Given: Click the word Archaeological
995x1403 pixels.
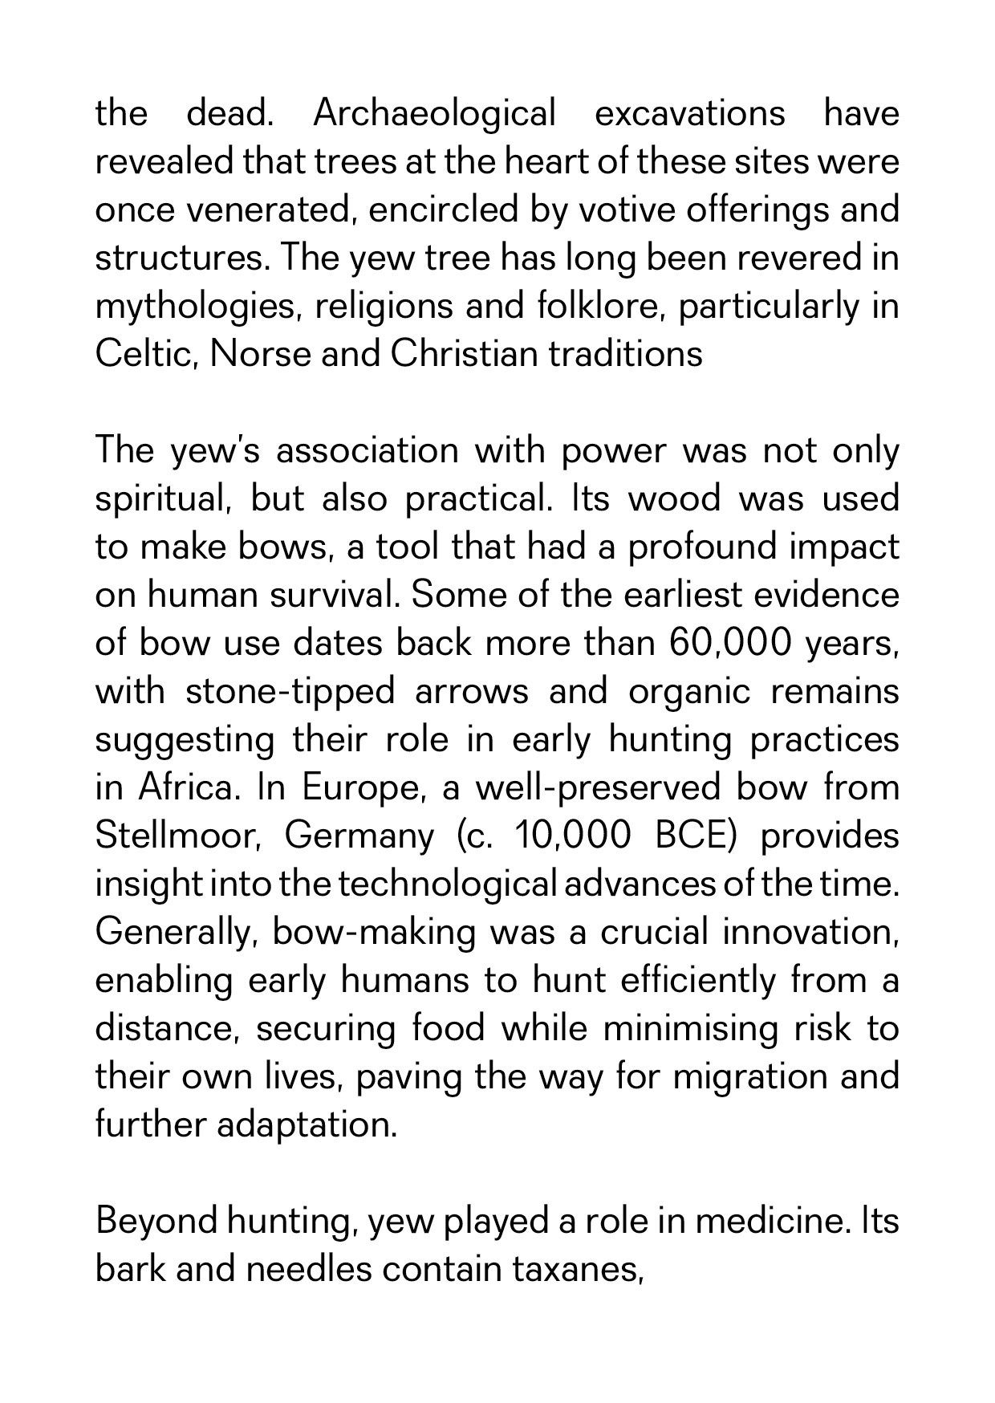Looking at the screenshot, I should (x=434, y=114).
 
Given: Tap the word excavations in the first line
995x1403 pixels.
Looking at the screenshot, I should (x=689, y=114).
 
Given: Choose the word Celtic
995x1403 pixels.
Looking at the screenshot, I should (x=146, y=355).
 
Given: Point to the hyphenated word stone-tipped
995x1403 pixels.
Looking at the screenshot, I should (x=290, y=692).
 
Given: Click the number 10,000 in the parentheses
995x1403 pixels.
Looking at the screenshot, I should (x=574, y=836).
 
